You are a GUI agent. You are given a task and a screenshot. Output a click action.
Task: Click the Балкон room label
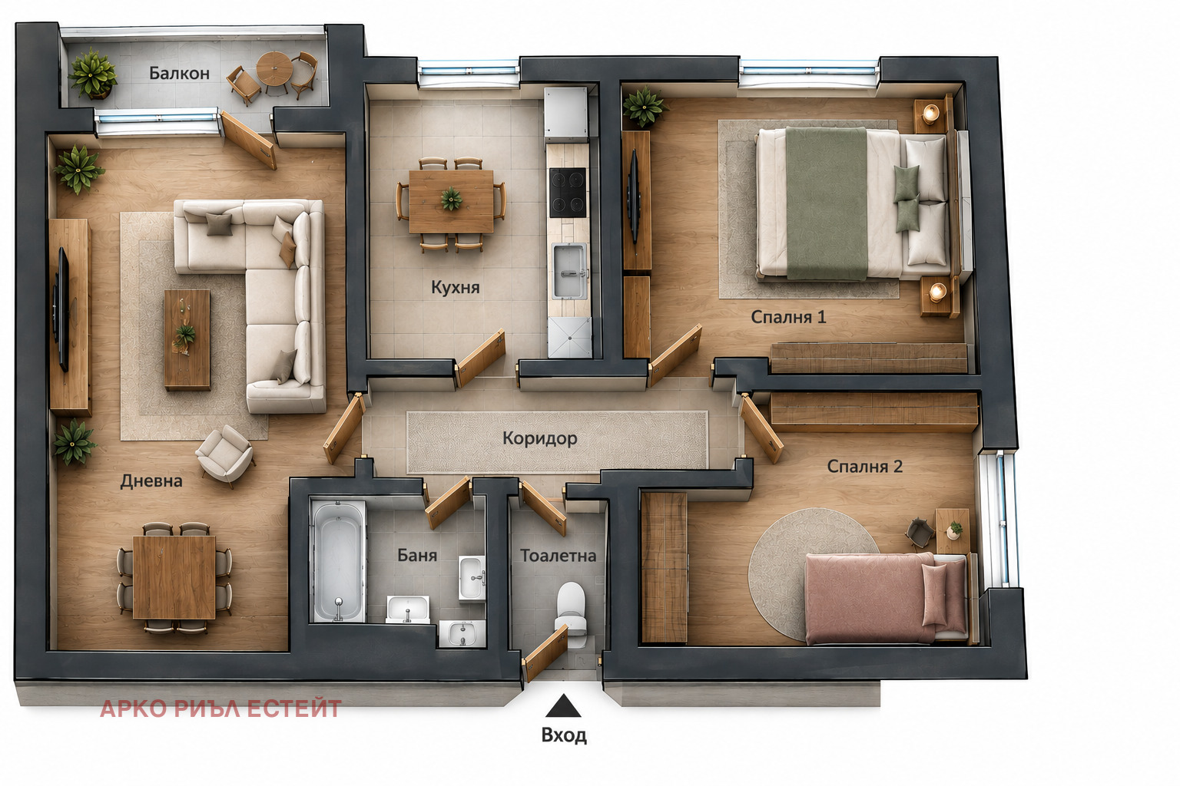point(179,73)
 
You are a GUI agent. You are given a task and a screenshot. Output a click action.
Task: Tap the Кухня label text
point(455,287)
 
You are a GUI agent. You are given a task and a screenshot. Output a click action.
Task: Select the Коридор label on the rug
point(539,438)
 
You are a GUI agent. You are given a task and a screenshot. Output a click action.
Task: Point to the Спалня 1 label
point(788,317)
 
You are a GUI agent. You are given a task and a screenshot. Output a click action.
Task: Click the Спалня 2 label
point(864,467)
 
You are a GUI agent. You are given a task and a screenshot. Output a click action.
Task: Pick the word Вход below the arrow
point(564,735)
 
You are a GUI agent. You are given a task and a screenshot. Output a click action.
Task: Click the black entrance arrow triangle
point(563,706)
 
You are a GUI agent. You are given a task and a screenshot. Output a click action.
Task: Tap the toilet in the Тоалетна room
point(571,613)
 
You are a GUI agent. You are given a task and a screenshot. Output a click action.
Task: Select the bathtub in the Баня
point(338,561)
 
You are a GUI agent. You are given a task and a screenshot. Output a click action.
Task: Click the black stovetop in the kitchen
point(568,193)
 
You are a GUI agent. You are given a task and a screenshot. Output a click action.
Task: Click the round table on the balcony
point(274,69)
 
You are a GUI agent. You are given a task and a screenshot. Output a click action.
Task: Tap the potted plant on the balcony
point(92,74)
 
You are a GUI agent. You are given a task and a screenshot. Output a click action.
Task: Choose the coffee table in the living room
point(187,339)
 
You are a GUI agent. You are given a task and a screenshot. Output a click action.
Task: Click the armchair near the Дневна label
point(225,454)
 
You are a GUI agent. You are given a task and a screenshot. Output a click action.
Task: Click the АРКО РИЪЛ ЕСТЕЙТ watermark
point(220,708)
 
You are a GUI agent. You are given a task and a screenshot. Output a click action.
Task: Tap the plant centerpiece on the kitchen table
point(452,199)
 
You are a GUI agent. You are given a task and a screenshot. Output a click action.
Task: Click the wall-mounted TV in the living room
point(62,309)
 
